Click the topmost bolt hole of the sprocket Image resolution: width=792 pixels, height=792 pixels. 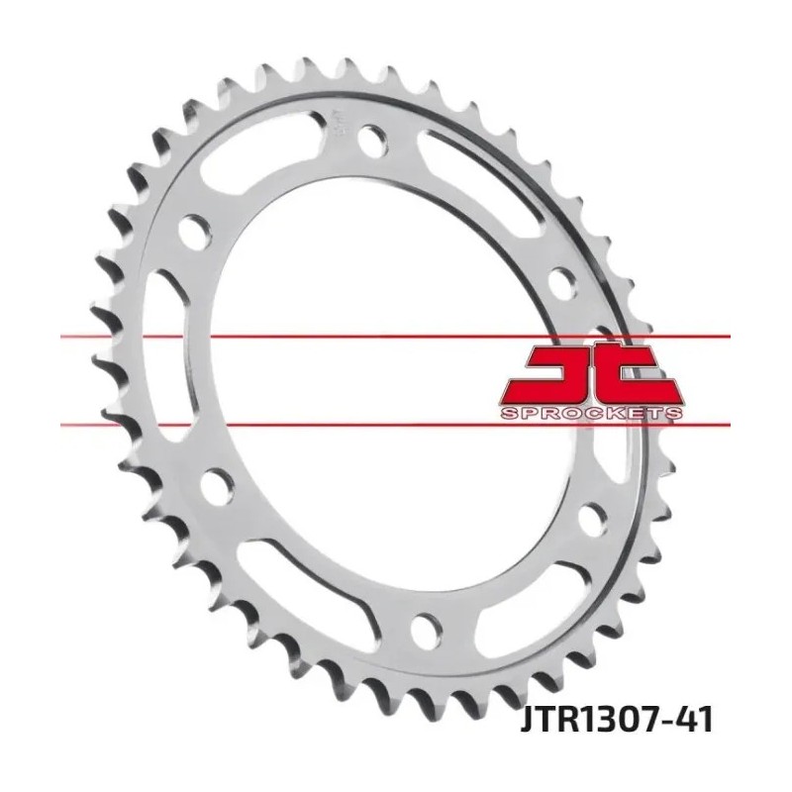click(375, 138)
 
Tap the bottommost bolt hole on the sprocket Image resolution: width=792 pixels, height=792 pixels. click(427, 629)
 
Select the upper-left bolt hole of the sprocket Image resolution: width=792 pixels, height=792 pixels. click(195, 232)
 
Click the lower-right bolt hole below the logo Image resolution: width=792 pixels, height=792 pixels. click(592, 520)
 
